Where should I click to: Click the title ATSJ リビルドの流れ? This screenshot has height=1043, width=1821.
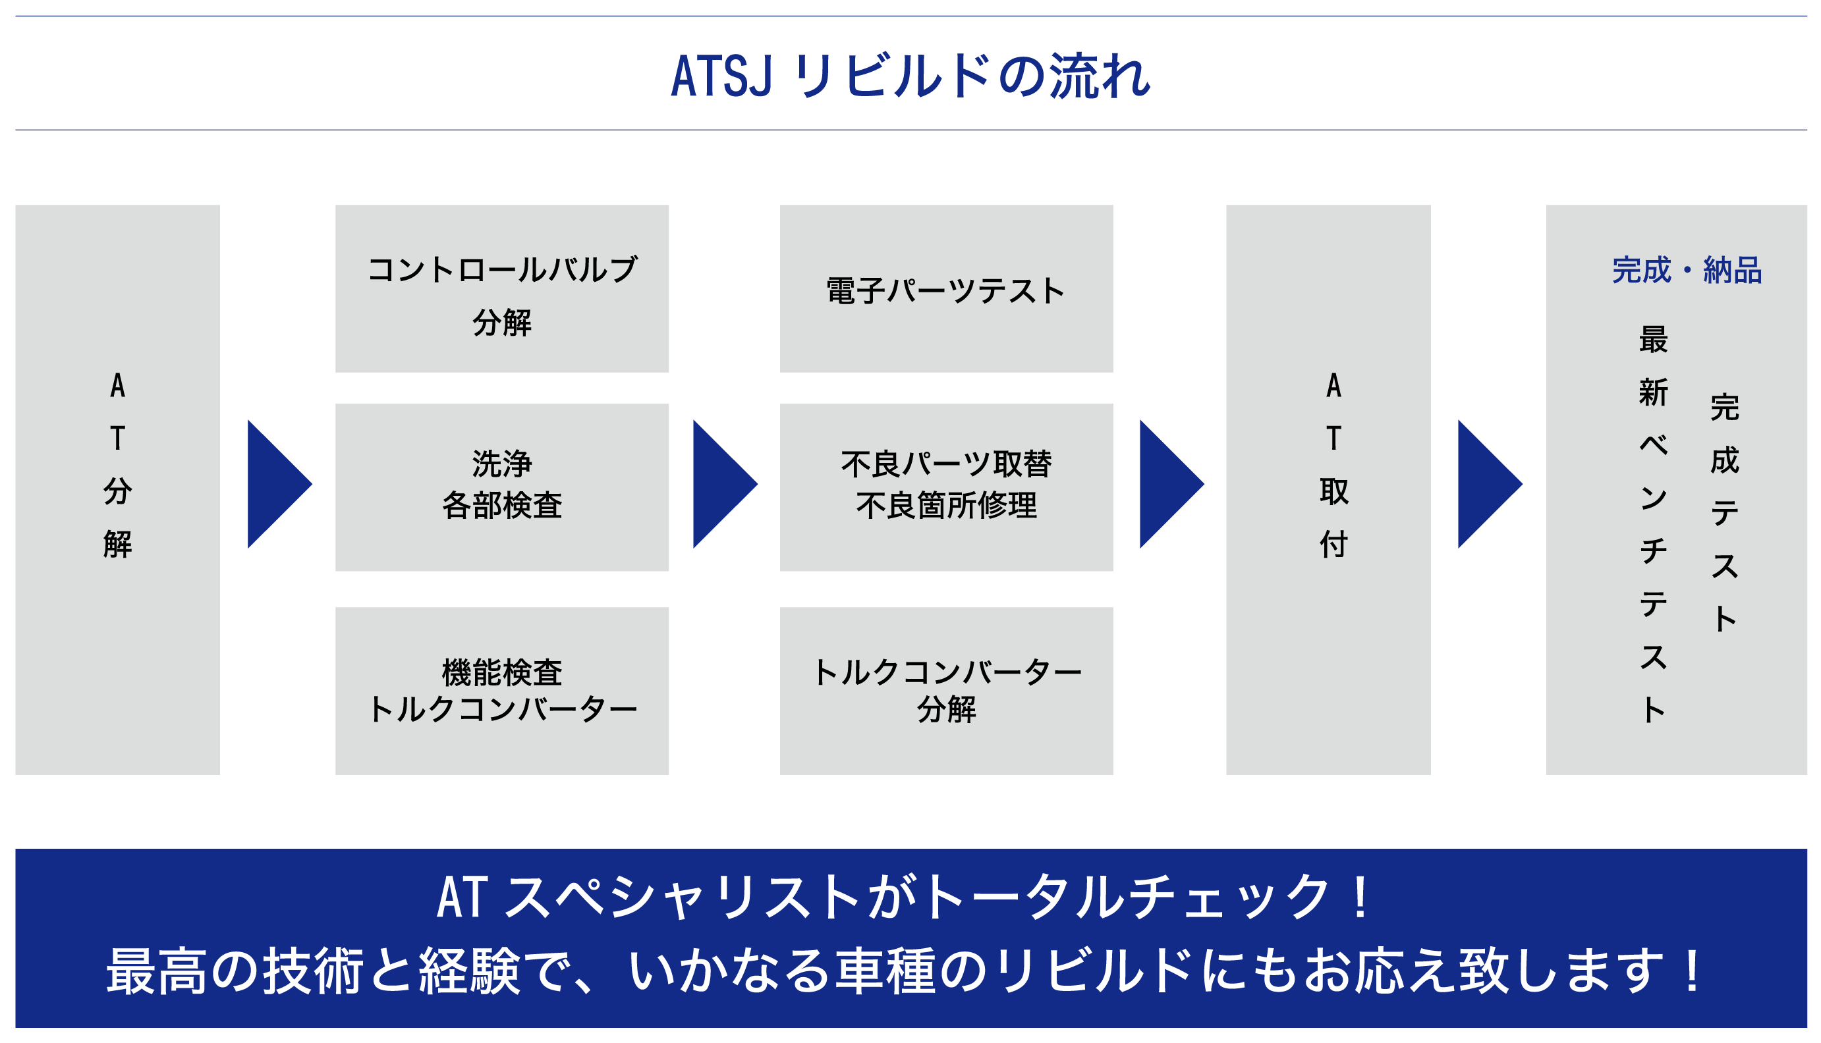pyautogui.click(x=910, y=75)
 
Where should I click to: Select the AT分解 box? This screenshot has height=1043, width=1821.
pyautogui.click(x=117, y=489)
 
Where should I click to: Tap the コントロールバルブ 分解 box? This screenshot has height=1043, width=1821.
pyautogui.click(x=501, y=288)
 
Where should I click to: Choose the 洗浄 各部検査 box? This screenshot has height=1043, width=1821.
pyautogui.click(x=501, y=487)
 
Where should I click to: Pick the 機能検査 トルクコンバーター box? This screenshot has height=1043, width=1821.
pyautogui.click(x=501, y=691)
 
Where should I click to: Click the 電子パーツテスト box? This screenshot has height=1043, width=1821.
pyautogui.click(x=946, y=288)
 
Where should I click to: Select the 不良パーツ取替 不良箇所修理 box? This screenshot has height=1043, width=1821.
pyautogui.click(x=946, y=487)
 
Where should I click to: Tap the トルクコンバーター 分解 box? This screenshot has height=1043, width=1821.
pyautogui.click(x=946, y=691)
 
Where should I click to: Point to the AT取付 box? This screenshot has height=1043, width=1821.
pyautogui.click(x=1328, y=489)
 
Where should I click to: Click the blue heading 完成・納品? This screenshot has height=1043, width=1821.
pyautogui.click(x=1687, y=271)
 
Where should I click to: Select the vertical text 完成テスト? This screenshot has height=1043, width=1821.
pyautogui.click(x=1724, y=512)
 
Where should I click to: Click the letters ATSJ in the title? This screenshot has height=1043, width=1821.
pyautogui.click(x=721, y=75)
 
